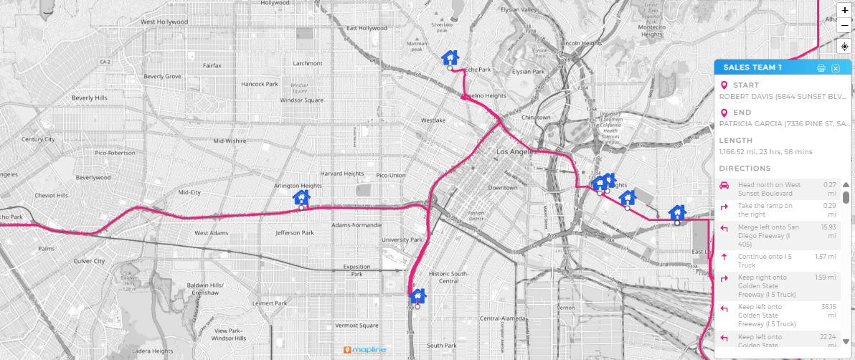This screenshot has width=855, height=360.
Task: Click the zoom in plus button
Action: pos(844,10)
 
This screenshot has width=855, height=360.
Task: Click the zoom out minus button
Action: pos(844,25)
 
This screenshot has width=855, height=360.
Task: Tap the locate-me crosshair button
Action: pos(844,47)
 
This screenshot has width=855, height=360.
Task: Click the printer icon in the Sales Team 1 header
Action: pos(821,68)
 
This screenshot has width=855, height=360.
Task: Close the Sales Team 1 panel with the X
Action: pos(836,68)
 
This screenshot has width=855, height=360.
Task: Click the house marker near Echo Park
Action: pos(450,58)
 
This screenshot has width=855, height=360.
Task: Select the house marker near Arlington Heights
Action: pos(302,197)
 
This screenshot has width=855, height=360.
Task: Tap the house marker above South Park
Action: pos(417,295)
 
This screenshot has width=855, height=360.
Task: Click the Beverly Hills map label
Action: pos(89,98)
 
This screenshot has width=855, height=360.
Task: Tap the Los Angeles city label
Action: pos(516,153)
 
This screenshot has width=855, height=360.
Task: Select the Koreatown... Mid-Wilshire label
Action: pos(230,141)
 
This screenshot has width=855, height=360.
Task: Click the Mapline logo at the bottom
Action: pos(365,350)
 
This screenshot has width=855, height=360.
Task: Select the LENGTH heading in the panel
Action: pos(736,141)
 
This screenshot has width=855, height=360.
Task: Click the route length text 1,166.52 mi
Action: pos(766,152)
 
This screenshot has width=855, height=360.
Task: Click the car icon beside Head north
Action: pos(724,186)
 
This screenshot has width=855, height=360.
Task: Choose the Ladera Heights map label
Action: pos(153,351)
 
